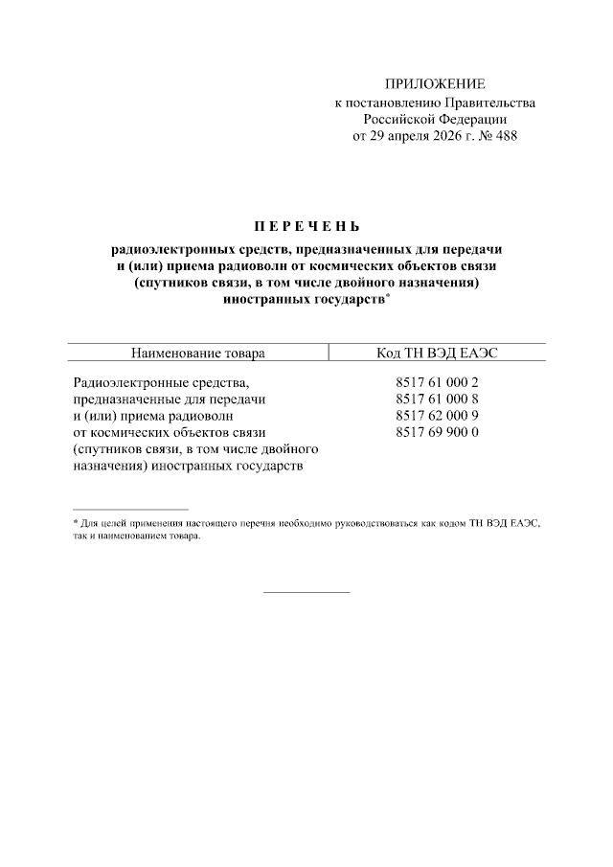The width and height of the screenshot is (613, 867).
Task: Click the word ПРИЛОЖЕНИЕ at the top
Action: click(435, 84)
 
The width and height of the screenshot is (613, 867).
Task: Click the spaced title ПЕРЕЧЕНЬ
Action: click(306, 227)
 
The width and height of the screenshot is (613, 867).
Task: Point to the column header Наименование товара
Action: click(198, 353)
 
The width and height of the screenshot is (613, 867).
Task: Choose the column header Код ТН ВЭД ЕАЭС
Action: click(437, 353)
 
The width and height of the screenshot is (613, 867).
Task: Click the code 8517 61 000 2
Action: click(436, 382)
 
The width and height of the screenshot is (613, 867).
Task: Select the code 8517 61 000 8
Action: click(436, 399)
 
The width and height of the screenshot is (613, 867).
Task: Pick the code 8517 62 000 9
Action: click(436, 416)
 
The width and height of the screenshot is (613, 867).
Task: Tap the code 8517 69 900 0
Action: click(436, 432)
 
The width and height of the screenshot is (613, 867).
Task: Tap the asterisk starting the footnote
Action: click(76, 522)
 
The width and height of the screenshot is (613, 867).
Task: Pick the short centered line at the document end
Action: click(306, 591)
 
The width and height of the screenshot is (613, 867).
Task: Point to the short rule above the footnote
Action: click(130, 509)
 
